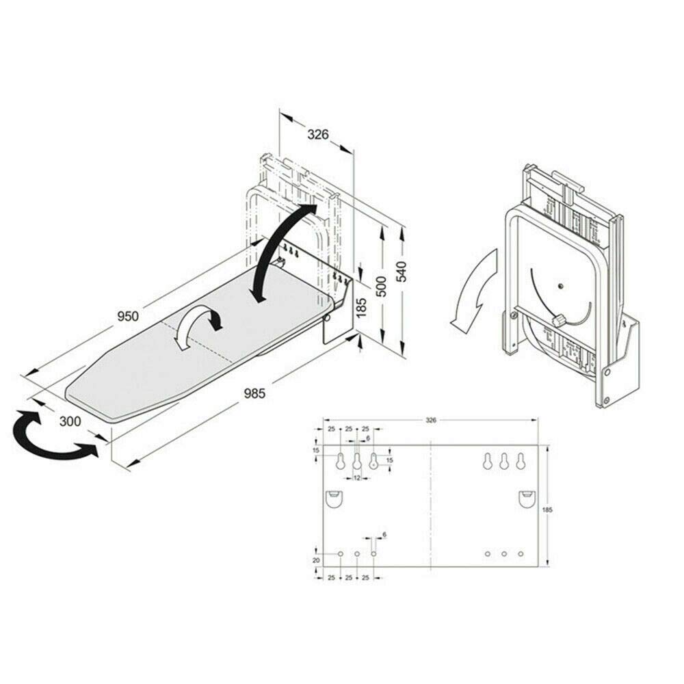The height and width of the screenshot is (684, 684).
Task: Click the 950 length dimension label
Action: click(127, 316)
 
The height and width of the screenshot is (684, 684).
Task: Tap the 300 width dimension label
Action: click(70, 421)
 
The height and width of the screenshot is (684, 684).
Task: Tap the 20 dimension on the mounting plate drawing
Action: click(315, 560)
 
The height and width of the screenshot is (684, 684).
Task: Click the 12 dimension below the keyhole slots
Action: click(356, 478)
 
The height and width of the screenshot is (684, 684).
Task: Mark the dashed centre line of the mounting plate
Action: click(430, 506)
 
